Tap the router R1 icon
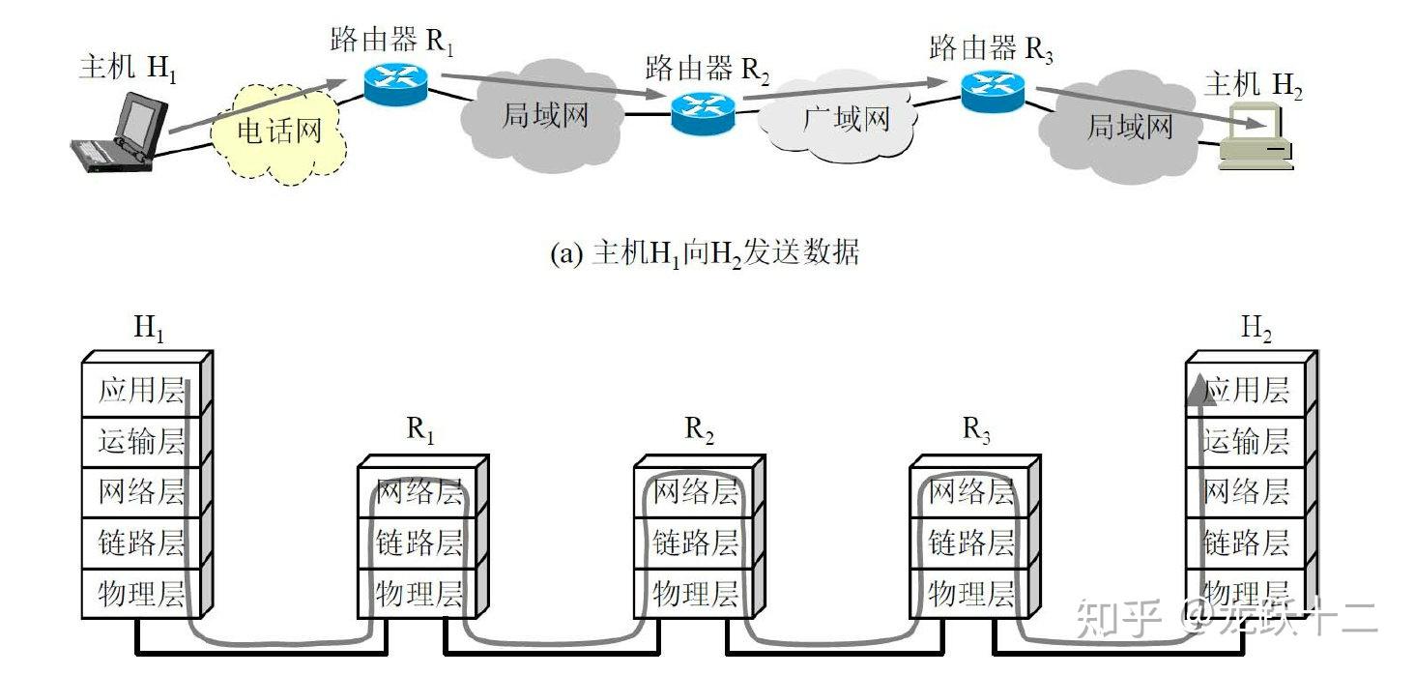click(x=395, y=85)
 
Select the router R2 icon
click(x=703, y=112)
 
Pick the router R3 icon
click(x=992, y=89)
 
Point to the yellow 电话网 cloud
click(x=279, y=131)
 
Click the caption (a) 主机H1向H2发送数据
click(x=704, y=253)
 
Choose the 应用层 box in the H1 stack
click(x=141, y=391)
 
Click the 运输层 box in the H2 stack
click(x=1246, y=442)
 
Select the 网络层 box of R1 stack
click(x=419, y=492)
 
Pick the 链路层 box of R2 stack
click(x=695, y=542)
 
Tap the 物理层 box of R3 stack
click(x=970, y=593)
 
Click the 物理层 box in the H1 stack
click(x=141, y=593)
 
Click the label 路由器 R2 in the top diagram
click(x=707, y=68)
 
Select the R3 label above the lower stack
click(x=976, y=430)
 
